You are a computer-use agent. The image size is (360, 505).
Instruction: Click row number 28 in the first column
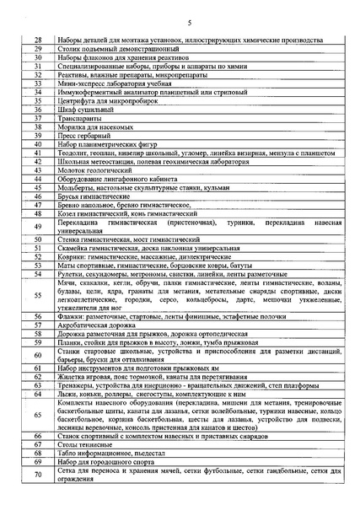click(37, 40)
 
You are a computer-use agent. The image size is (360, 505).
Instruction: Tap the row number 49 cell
click(37, 227)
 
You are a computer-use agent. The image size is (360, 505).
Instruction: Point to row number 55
click(37, 296)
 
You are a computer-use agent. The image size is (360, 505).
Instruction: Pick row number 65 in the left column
click(37, 416)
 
